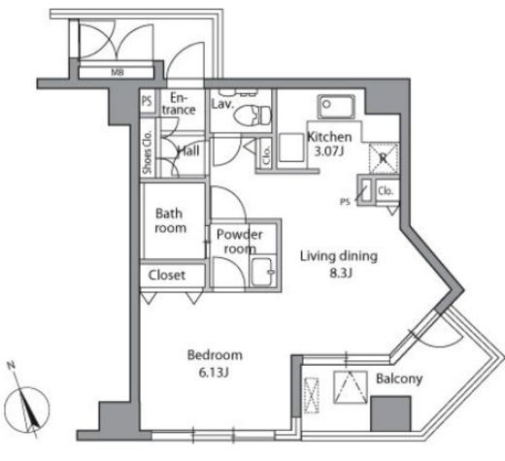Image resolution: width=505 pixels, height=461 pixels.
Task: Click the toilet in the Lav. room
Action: tap(252, 115)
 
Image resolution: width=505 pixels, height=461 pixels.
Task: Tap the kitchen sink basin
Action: tap(336, 107)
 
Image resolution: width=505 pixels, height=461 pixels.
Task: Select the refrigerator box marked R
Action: tap(384, 158)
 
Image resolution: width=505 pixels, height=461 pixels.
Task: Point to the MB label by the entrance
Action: tap(118, 72)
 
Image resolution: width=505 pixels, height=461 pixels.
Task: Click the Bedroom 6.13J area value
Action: tap(214, 373)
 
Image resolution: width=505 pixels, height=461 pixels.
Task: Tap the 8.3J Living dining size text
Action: tap(341, 274)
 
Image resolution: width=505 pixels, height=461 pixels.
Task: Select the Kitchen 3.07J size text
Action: tap(329, 151)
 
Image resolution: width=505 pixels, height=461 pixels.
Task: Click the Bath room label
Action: tap(170, 220)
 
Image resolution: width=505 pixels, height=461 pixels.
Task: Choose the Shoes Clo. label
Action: tap(148, 151)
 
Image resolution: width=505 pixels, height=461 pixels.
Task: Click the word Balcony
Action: tap(399, 379)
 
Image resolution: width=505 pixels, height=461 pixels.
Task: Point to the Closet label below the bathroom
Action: tap(167, 276)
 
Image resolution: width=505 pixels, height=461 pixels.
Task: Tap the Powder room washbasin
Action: tap(262, 273)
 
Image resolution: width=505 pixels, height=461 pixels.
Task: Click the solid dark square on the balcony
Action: tap(390, 413)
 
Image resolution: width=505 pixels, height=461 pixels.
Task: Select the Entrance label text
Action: tap(179, 104)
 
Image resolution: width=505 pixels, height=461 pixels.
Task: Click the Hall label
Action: tap(188, 150)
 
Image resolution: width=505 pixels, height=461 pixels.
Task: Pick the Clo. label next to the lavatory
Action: tap(266, 155)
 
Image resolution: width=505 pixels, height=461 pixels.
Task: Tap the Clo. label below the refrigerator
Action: tap(386, 191)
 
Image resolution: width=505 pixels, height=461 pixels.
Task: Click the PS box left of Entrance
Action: tap(147, 101)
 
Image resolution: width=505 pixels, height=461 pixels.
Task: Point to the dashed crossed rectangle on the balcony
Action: tap(312, 395)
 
